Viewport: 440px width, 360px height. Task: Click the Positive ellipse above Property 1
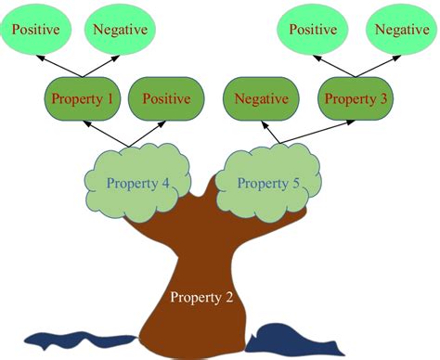[x=36, y=29]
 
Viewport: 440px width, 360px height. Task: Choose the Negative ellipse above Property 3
[x=401, y=29]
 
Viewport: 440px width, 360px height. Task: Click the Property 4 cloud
[x=137, y=183]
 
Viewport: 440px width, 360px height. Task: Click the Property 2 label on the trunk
[x=201, y=298]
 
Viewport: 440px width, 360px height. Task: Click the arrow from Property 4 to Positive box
[x=149, y=133]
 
